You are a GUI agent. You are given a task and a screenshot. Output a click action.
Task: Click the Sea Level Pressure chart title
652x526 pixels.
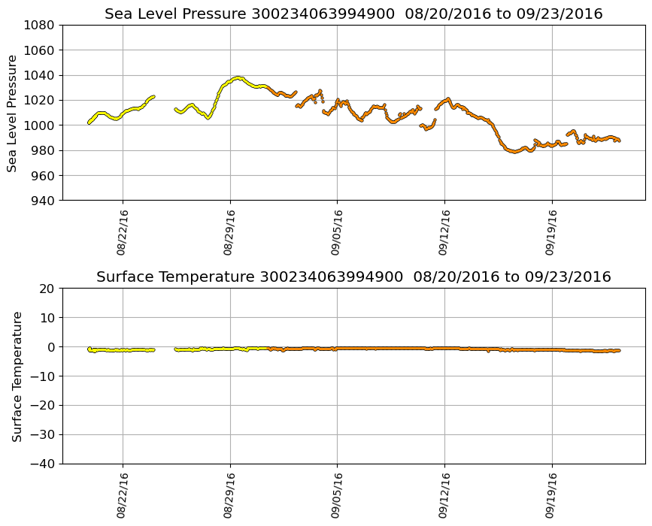tap(353, 14)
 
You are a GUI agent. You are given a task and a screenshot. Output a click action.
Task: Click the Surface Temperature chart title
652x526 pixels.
tap(353, 277)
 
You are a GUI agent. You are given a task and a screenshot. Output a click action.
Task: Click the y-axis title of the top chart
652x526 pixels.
tap(13, 113)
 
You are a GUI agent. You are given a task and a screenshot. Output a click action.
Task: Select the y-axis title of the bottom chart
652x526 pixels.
tap(17, 376)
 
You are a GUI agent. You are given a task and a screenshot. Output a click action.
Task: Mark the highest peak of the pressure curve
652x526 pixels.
tap(238, 77)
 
